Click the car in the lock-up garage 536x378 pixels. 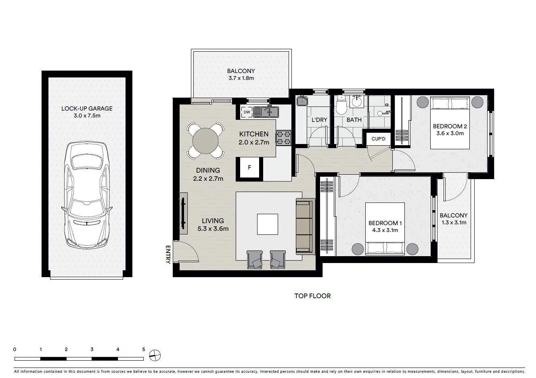pyautogui.click(x=87, y=197)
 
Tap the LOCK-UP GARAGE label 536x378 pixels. pyautogui.click(x=87, y=109)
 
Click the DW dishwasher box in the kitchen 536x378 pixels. pyautogui.click(x=246, y=111)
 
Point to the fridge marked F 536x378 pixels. pyautogui.click(x=249, y=167)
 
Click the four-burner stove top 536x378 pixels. pyautogui.click(x=283, y=138)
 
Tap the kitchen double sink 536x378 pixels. pyautogui.click(x=266, y=111)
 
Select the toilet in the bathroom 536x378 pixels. pyautogui.click(x=341, y=106)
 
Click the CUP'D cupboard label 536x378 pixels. pyautogui.click(x=378, y=139)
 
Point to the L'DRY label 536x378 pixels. pyautogui.click(x=319, y=120)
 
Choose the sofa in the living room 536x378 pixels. pyautogui.click(x=305, y=226)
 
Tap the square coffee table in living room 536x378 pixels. pyautogui.click(x=268, y=224)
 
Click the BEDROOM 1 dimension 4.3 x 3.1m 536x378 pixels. pyautogui.click(x=385, y=230)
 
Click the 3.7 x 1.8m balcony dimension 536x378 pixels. pyautogui.click(x=241, y=78)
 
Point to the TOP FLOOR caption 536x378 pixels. pyautogui.click(x=312, y=296)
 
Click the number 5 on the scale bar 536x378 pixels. pyautogui.click(x=143, y=349)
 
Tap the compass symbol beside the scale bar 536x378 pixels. pyautogui.click(x=155, y=355)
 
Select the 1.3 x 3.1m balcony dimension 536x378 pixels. pyautogui.click(x=453, y=222)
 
